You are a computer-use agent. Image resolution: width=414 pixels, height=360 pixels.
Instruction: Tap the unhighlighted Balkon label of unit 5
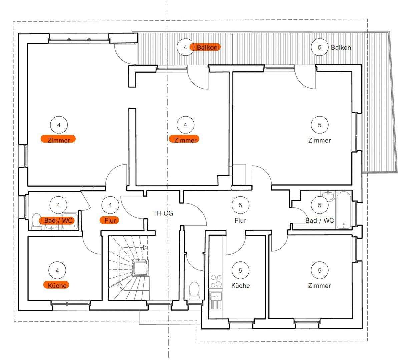pyautogui.click(x=341, y=48)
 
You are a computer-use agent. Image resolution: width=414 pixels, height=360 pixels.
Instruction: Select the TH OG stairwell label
pyautogui.click(x=163, y=213)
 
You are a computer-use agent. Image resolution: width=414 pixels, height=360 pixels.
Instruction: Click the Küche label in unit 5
pyautogui.click(x=241, y=286)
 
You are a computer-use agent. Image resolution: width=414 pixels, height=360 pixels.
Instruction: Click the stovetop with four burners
pyautogui.click(x=216, y=281)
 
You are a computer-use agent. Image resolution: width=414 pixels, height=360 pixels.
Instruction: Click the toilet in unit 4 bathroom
pyautogui.click(x=37, y=222)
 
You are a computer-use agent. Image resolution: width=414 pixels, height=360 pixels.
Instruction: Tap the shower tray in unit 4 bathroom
pyautogui.click(x=70, y=221)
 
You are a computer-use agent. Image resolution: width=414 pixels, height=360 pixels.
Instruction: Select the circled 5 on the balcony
pyautogui.click(x=319, y=47)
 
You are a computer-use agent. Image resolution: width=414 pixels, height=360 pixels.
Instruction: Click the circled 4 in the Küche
pyautogui.click(x=57, y=270)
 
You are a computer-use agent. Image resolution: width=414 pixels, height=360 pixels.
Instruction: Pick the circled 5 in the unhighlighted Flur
pyautogui.click(x=240, y=205)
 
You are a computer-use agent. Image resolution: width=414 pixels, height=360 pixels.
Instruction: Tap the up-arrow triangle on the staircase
pyautogui.click(x=120, y=284)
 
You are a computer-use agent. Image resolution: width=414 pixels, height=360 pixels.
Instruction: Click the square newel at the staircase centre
pyautogui.click(x=140, y=268)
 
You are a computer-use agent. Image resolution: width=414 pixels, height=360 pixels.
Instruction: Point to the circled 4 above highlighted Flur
pyautogui.click(x=110, y=205)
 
